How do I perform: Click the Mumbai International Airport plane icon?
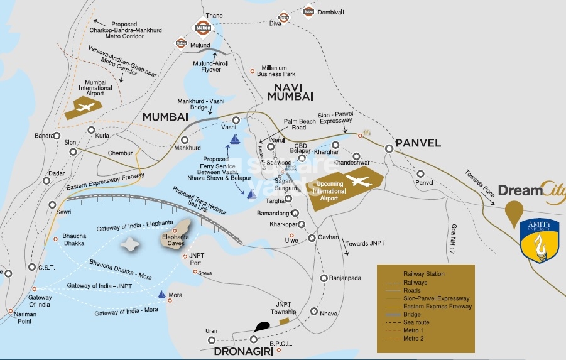coord(85,106)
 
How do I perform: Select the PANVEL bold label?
coord(418,143)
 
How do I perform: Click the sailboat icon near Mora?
coord(162,294)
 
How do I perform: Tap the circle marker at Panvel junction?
coord(389,149)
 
